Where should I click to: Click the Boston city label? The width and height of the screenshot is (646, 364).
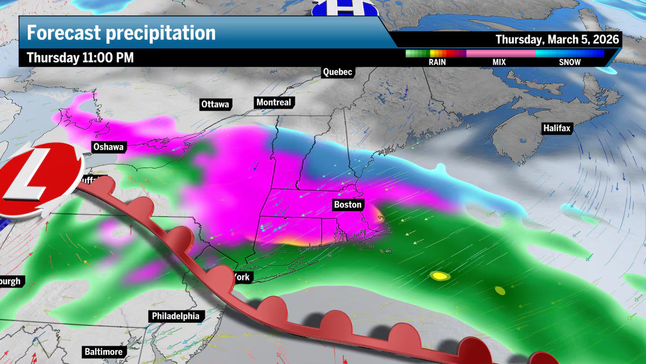point(348,205)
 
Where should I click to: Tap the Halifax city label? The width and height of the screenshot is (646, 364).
point(557,129)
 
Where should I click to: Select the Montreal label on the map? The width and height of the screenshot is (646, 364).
point(274,102)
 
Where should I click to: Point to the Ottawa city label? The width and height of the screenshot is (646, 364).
point(215,105)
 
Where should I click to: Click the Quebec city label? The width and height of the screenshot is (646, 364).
point(338,72)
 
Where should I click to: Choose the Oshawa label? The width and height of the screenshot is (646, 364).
point(108,147)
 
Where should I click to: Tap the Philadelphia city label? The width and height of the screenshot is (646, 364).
point(175,316)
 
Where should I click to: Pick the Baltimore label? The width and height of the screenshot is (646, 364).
point(104,351)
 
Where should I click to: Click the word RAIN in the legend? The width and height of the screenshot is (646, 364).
point(437,62)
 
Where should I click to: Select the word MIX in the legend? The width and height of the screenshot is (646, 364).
point(499,62)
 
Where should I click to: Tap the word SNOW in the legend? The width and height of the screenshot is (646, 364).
point(570,62)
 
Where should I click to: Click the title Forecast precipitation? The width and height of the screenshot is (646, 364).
point(121,33)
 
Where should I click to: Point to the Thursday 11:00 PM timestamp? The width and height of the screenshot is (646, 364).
point(80,58)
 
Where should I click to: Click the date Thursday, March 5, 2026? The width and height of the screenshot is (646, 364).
point(557,40)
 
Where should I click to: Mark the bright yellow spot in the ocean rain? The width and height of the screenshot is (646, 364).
point(440,276)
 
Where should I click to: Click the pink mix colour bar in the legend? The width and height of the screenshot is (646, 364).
point(501,53)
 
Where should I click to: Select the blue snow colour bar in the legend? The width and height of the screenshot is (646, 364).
point(570,53)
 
